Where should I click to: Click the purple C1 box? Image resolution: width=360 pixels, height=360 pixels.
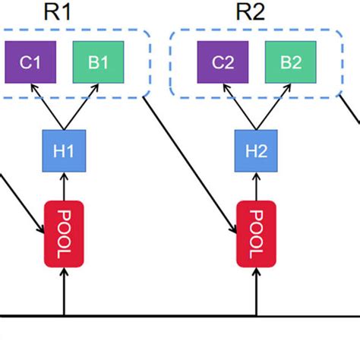[x=30, y=62]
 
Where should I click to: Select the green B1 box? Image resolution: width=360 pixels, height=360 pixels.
[x=98, y=62]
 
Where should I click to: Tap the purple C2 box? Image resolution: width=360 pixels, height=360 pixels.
[x=223, y=62]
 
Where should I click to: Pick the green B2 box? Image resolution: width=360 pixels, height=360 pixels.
[x=290, y=62]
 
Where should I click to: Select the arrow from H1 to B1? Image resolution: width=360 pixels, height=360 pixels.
[x=81, y=107]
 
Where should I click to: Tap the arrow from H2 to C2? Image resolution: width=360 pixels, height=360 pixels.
[x=240, y=107]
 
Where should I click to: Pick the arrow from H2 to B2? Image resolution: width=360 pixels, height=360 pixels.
[x=273, y=107]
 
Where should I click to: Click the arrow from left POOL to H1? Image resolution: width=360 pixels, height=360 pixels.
[x=64, y=185]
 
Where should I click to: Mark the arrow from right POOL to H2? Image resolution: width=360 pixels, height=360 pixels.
[x=256, y=185]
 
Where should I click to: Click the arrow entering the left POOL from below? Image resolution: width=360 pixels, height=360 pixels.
[x=64, y=292]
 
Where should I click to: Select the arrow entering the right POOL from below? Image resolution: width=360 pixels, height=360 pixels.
[x=256, y=292]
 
